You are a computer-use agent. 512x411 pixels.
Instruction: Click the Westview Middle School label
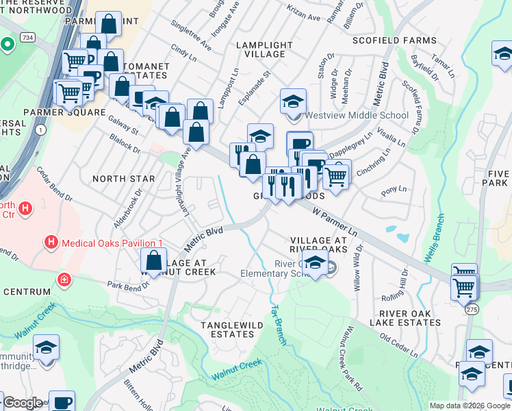(357, 115)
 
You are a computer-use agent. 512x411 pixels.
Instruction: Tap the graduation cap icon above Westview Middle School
(292, 102)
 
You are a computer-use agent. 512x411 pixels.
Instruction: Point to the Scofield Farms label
(394, 40)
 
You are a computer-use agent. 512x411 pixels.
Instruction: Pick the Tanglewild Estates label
(227, 329)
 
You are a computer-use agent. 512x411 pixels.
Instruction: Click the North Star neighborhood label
(123, 179)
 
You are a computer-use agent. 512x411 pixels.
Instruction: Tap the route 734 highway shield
(27, 36)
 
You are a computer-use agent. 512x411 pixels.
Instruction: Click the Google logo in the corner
(22, 403)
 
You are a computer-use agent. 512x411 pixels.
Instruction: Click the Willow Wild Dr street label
(356, 269)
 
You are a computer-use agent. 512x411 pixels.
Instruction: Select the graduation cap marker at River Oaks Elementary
(315, 261)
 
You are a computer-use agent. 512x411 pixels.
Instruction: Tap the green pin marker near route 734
(8, 45)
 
